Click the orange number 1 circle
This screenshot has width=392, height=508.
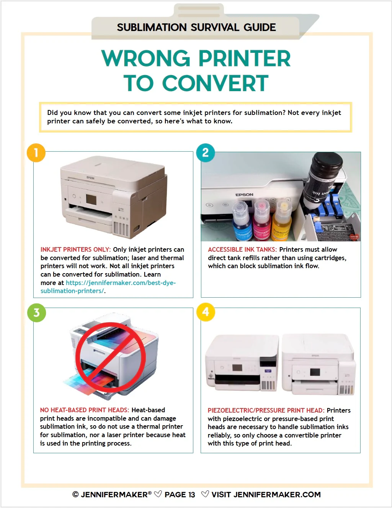[x=36, y=153]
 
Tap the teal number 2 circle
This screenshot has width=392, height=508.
[x=206, y=153]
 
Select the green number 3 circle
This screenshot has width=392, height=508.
[x=36, y=313]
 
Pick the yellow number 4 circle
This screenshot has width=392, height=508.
[x=206, y=312]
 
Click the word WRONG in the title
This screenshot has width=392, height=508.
[x=146, y=59]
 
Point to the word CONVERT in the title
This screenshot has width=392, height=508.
[x=215, y=84]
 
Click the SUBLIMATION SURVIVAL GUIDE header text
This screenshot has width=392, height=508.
[x=196, y=28]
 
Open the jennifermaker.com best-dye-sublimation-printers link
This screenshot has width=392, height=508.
[x=120, y=283]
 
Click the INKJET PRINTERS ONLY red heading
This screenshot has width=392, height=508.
[x=75, y=249]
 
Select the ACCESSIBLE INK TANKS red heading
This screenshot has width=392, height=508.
[x=242, y=249]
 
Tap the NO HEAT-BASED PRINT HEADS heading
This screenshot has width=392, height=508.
[x=84, y=410]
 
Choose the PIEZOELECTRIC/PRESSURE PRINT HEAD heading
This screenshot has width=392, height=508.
[x=266, y=410]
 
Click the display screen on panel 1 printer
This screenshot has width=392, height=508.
[x=91, y=199]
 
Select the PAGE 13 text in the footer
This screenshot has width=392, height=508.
[x=180, y=495]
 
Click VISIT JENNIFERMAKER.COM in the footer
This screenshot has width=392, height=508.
[x=266, y=495]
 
